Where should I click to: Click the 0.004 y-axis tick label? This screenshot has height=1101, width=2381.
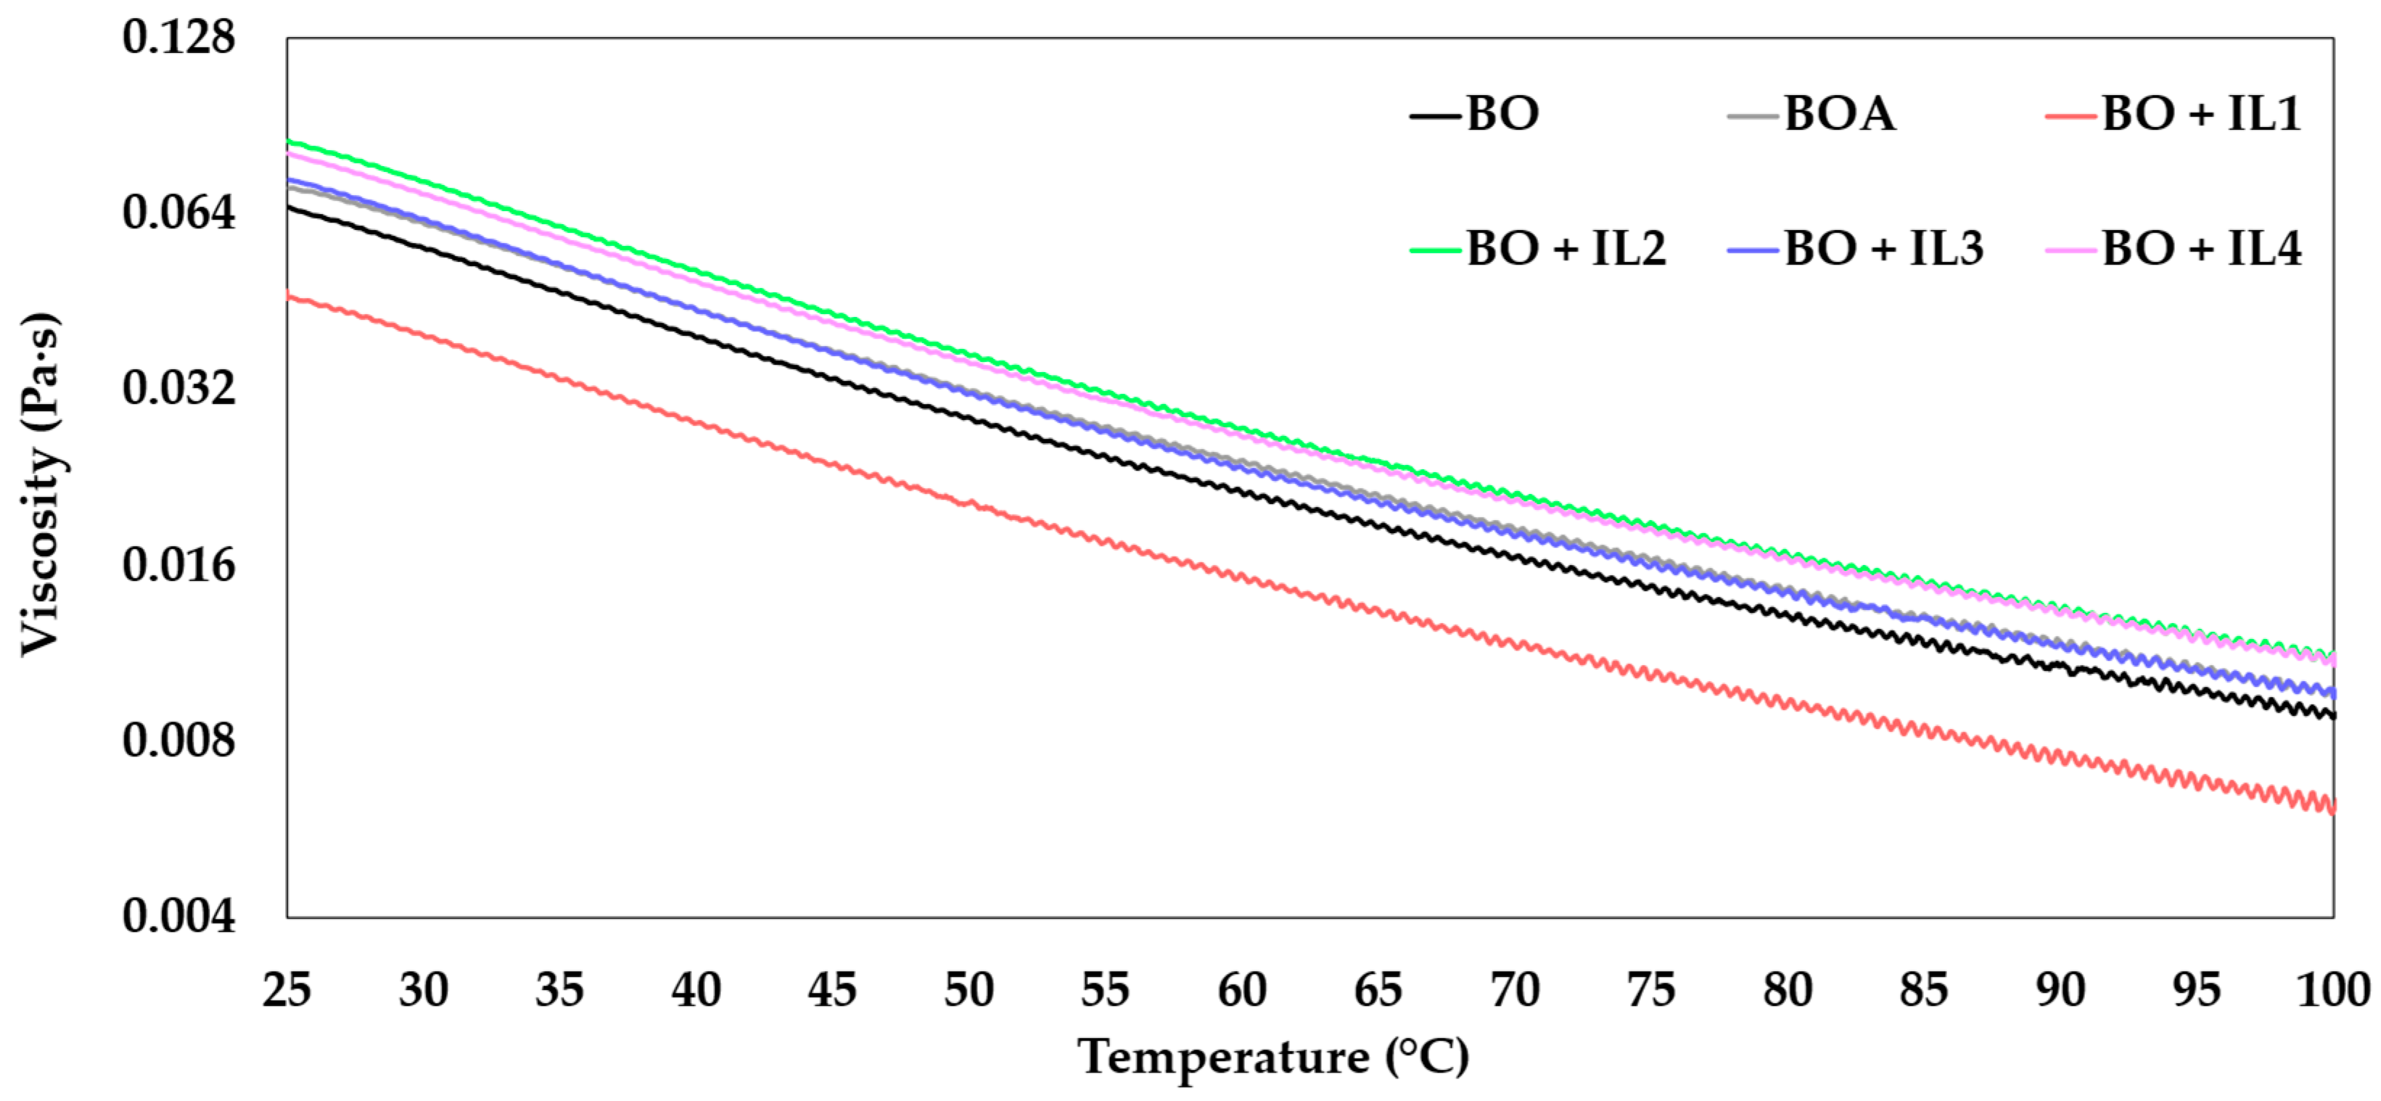pos(178,916)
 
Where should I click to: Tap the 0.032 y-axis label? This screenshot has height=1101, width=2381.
pos(178,388)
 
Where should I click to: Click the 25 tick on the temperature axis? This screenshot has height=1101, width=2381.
pos(287,990)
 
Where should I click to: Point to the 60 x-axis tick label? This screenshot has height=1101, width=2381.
pos(1241,990)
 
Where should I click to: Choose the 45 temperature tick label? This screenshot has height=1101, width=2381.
pos(832,990)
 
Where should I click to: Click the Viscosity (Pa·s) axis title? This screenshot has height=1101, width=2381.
pos(41,485)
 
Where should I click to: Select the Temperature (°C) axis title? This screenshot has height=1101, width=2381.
pos(1274,1057)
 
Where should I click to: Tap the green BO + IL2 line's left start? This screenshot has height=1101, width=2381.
pos(289,141)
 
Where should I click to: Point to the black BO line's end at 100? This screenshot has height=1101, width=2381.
pos(2332,714)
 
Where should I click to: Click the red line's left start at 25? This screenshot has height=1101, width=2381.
pos(289,296)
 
